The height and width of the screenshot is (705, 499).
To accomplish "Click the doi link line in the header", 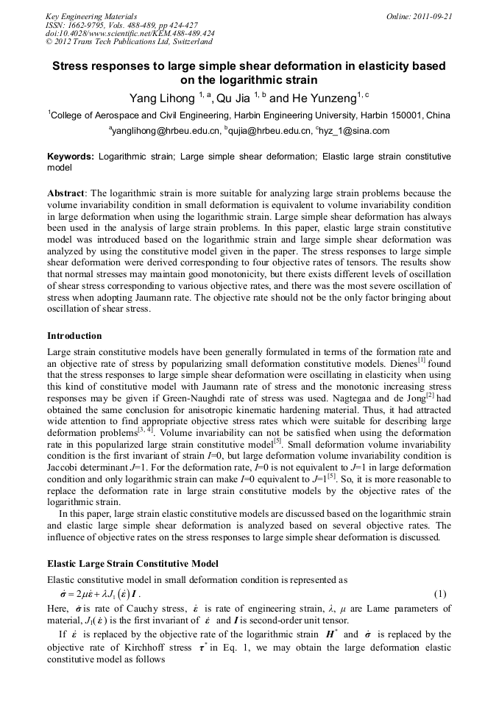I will [130, 33].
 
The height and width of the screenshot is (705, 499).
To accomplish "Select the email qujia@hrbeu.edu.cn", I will [268, 131].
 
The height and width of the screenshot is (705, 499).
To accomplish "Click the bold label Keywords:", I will [71, 157].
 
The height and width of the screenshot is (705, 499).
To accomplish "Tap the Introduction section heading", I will [74, 336].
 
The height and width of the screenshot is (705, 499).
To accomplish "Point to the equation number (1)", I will [440, 593].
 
